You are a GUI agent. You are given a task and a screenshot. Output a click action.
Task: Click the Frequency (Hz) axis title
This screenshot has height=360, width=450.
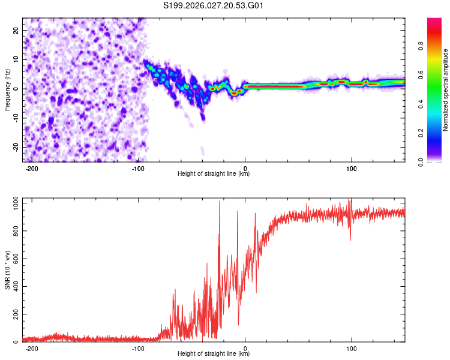point(7,89)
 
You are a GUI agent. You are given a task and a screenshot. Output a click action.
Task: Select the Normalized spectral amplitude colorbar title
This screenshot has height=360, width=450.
point(445,90)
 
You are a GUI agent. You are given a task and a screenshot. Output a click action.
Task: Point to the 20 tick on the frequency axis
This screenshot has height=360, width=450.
point(16,29)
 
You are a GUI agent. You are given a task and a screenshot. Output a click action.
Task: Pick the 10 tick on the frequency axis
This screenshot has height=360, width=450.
point(16,59)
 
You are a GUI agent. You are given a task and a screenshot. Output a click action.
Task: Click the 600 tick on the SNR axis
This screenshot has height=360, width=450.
point(14,259)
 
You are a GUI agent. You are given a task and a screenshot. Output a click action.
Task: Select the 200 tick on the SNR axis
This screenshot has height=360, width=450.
point(14,314)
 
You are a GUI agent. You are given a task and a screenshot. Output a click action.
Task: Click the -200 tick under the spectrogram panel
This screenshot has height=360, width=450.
point(33,169)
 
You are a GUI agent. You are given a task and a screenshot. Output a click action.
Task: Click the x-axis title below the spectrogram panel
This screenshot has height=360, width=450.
point(214,174)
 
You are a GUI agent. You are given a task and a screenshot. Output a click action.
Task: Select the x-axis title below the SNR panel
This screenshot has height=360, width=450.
point(214,354)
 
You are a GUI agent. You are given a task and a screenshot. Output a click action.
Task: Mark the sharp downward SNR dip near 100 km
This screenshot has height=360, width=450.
point(350,240)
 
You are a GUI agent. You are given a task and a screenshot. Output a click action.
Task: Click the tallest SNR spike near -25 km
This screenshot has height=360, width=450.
point(219,202)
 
